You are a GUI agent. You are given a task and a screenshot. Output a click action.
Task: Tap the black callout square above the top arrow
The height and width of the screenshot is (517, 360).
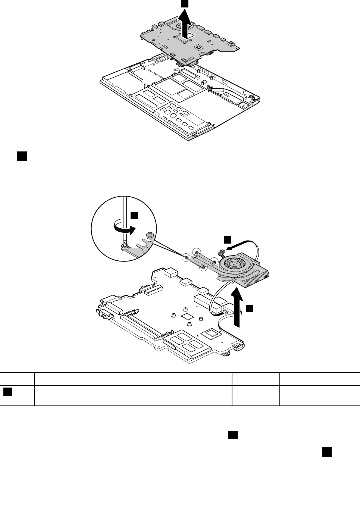pos(185,3)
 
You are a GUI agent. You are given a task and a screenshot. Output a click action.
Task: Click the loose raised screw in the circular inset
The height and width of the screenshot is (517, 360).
pos(150,235)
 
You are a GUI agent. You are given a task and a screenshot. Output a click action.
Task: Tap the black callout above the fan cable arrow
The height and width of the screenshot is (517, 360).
pos(227,239)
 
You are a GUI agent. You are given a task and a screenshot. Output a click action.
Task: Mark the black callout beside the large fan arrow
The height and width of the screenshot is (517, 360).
pos(250,308)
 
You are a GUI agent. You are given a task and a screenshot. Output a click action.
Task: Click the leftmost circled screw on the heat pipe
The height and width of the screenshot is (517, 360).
pos(186,257)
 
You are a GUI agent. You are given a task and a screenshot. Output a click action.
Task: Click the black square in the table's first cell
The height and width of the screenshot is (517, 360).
pos(8,391)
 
